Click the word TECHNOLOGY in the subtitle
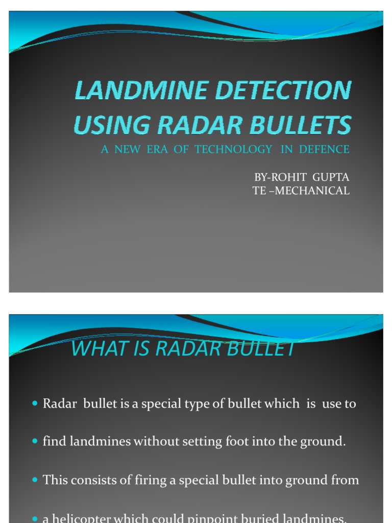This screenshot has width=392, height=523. (233, 149)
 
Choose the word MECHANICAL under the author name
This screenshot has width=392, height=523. (314, 191)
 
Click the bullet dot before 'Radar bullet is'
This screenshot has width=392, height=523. (35, 403)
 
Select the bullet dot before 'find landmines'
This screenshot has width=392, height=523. (35, 441)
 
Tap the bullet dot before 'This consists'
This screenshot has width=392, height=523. (35, 480)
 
